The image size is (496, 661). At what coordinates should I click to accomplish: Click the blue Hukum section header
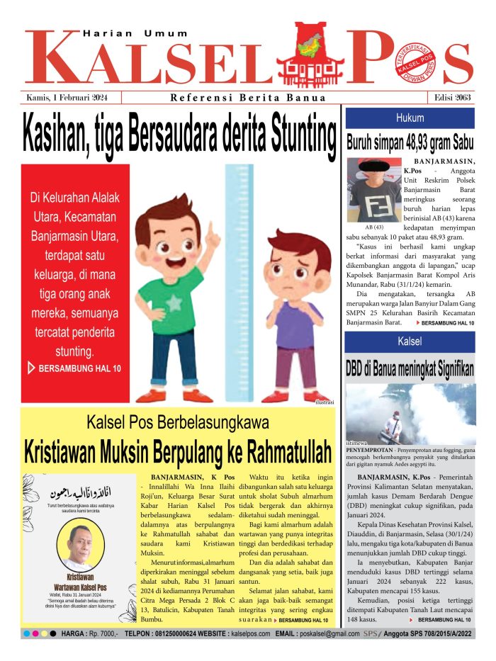[x=410, y=118]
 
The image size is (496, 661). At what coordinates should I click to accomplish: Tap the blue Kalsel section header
[x=410, y=341]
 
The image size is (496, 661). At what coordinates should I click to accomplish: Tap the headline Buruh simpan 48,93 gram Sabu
[x=410, y=142]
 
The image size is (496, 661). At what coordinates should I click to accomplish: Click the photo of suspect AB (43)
[x=373, y=189]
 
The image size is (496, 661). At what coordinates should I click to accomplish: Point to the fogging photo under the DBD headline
[x=410, y=413]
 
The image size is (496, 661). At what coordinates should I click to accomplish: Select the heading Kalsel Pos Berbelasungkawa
[x=178, y=424]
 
